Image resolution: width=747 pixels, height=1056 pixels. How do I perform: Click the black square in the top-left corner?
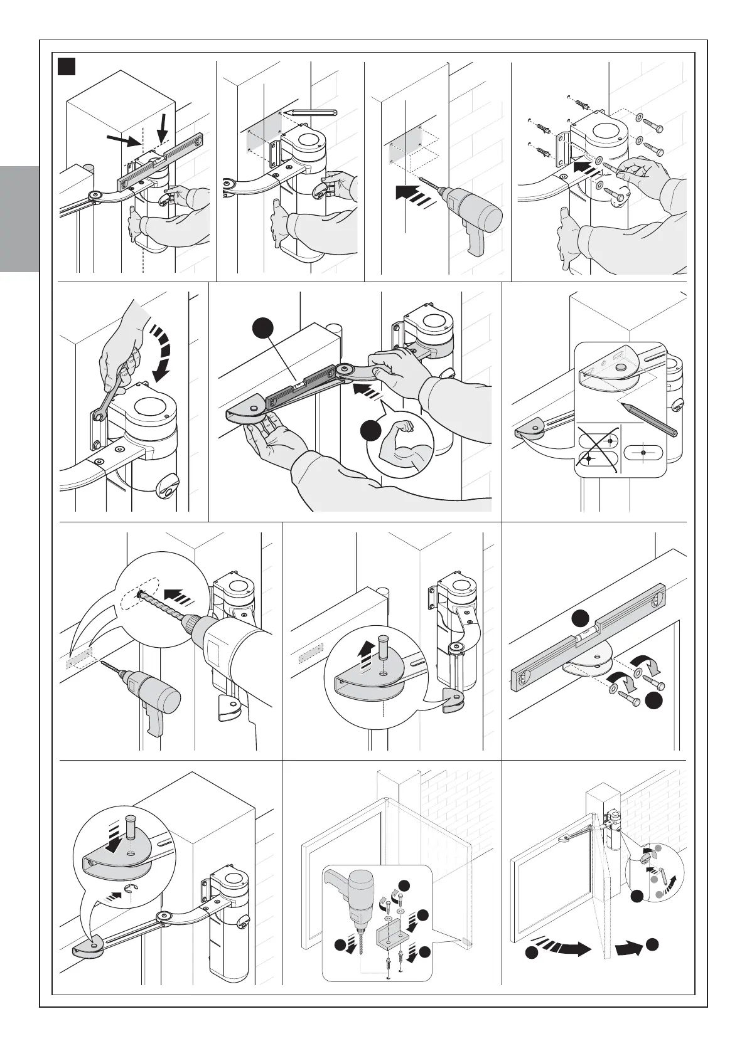coord(67,66)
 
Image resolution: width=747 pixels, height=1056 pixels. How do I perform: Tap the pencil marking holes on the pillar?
coord(310,112)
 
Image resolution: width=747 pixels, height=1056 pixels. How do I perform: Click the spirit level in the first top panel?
coord(159,161)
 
